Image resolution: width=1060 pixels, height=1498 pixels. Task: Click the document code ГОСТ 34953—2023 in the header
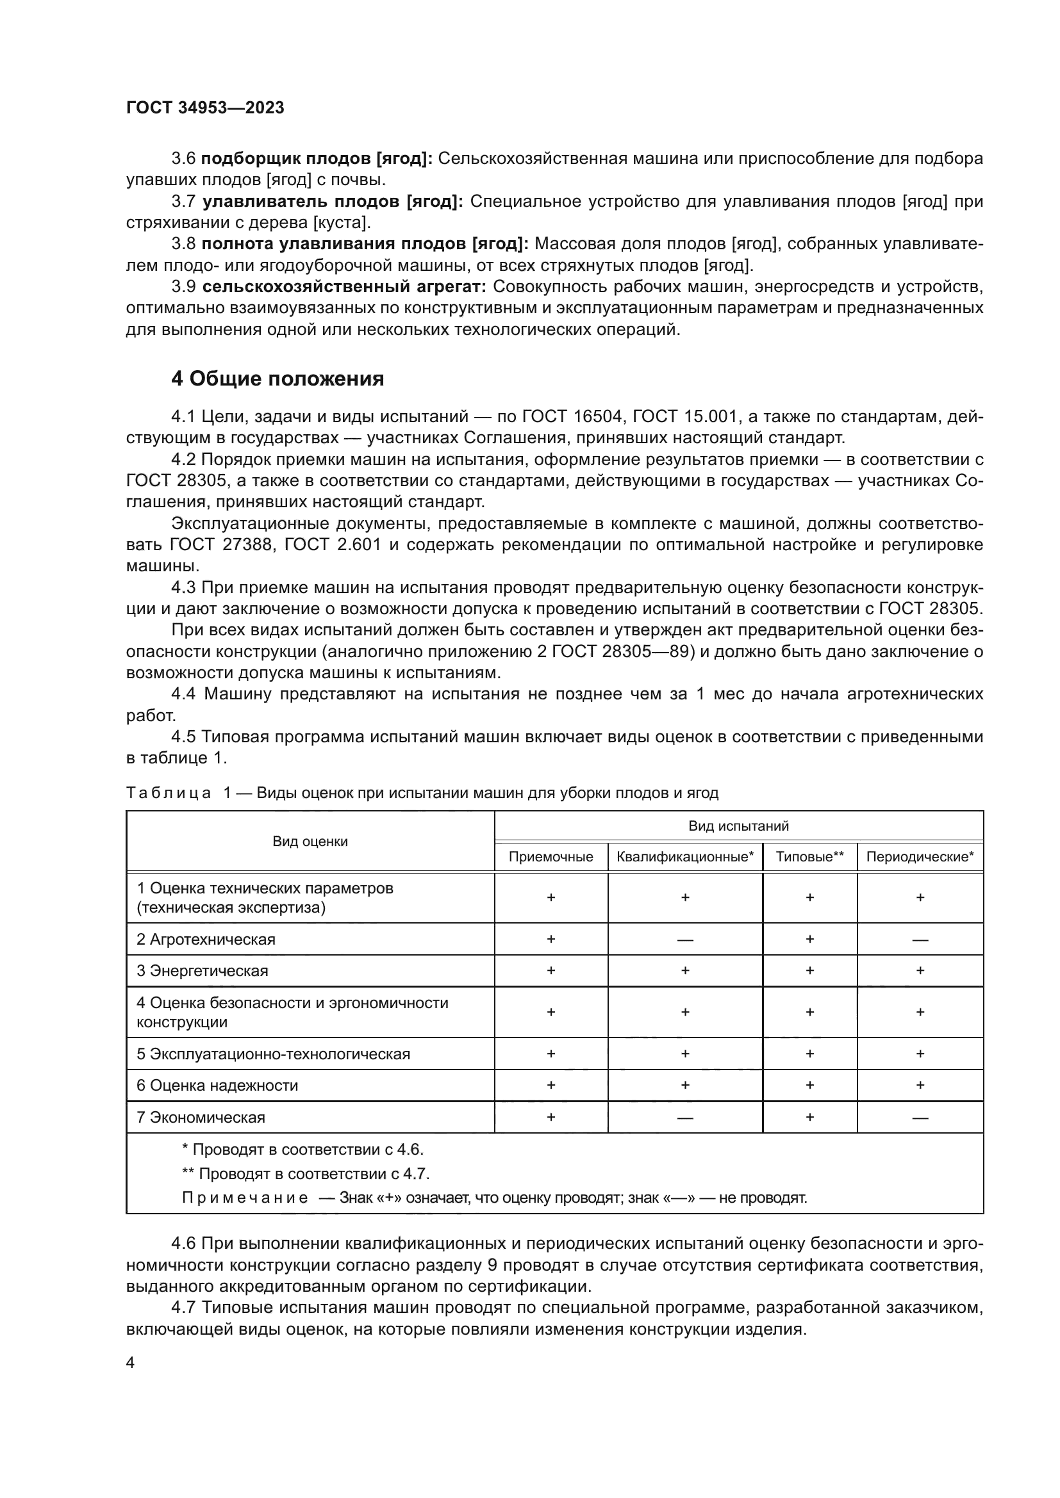coord(205,108)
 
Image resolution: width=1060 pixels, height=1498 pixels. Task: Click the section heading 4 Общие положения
coord(277,379)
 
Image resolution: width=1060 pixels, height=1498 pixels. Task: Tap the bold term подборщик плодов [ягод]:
coord(317,159)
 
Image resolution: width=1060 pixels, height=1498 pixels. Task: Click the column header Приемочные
coord(551,857)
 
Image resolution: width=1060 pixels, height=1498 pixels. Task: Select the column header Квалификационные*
coord(684,857)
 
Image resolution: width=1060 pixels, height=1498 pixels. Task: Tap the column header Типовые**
coord(809,857)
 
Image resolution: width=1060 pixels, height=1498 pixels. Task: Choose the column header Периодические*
coord(920,857)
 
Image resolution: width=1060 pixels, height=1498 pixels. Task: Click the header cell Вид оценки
coord(310,842)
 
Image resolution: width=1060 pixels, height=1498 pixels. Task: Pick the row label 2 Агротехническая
coord(206,940)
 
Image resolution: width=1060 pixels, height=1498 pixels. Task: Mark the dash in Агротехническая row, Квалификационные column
coord(684,940)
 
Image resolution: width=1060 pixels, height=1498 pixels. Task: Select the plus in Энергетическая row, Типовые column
coord(809,971)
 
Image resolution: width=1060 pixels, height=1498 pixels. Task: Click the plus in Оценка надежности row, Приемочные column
coord(551,1085)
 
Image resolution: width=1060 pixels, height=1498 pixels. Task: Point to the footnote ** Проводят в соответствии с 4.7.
coord(305,1174)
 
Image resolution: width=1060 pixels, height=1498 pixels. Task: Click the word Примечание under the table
coord(245,1198)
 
